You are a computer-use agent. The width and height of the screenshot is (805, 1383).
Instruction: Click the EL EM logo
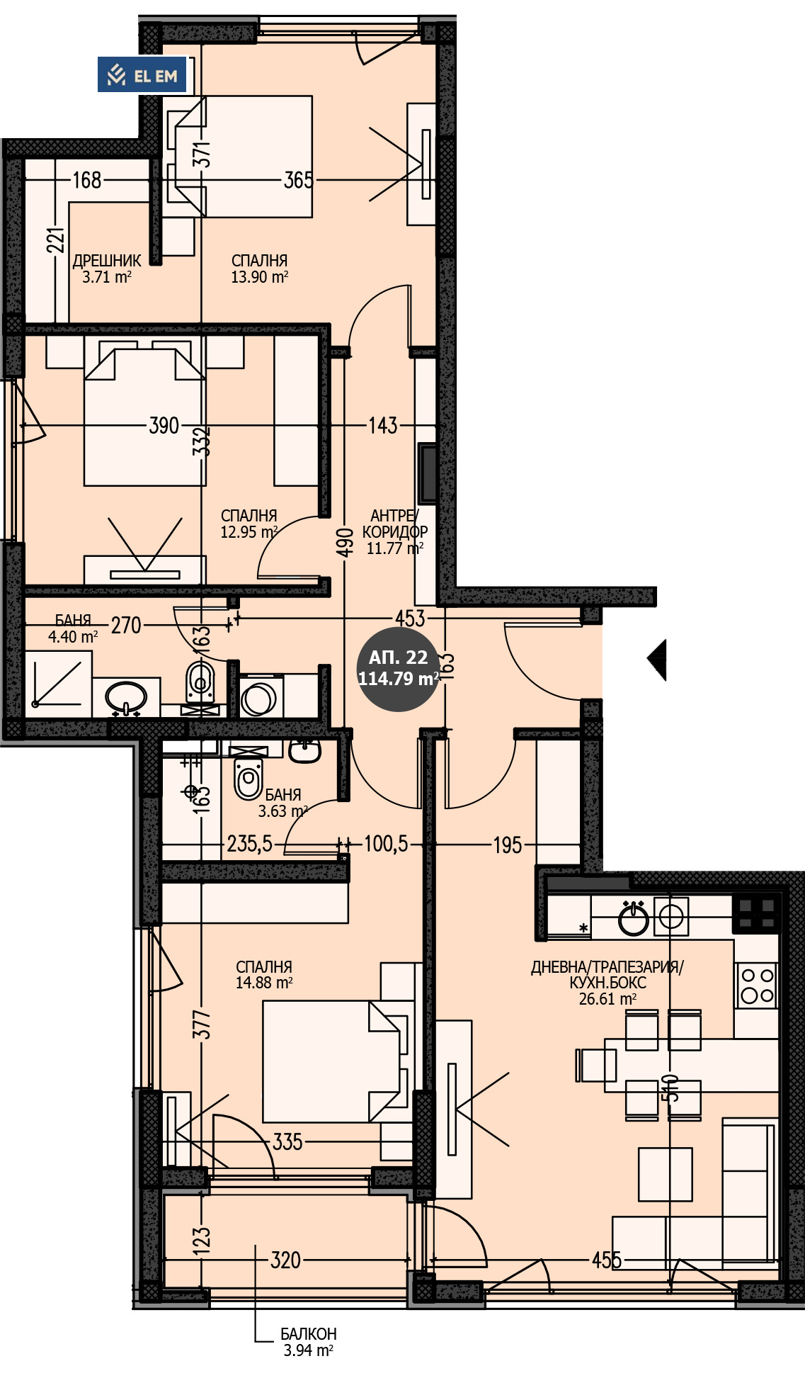pos(142,75)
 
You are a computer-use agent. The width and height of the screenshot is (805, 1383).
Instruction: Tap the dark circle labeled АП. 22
pos(398,669)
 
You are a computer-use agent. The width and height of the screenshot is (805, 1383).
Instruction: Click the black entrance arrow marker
pos(657,660)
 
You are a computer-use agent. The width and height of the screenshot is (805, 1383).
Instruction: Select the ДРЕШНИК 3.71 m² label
pos(107,269)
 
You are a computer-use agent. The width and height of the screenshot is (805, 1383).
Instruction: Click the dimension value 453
pos(410,618)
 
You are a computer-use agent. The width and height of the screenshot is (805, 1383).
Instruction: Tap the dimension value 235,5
pos(249,844)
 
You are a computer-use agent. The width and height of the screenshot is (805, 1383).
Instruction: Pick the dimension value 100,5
pos(386,844)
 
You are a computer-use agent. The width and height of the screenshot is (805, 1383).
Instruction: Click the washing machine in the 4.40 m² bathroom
pos(260,699)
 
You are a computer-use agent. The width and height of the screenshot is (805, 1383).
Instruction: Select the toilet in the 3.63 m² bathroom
pos(248,779)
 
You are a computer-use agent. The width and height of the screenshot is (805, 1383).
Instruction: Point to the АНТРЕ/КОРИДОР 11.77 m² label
pos(394,531)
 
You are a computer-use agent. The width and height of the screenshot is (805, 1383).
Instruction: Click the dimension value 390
pos(164,426)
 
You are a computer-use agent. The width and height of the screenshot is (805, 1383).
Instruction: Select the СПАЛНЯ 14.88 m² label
pos(264,974)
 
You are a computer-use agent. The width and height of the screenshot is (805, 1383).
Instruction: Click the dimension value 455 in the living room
pos(607,1260)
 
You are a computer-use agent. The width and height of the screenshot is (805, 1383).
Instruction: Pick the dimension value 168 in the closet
pos(87,180)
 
